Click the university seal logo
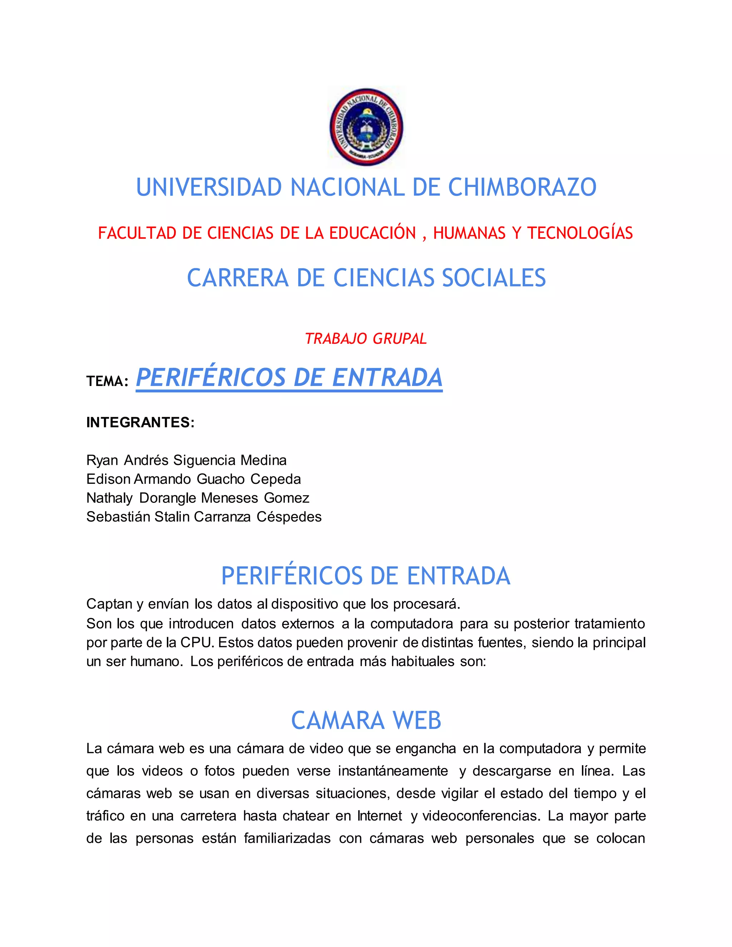(366, 127)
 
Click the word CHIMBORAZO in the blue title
(522, 187)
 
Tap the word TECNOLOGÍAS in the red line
(580, 233)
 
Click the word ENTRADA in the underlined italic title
(387, 377)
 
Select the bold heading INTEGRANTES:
(140, 422)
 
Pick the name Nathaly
(109, 498)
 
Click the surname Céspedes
(289, 517)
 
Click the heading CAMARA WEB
(366, 721)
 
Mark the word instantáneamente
(393, 771)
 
